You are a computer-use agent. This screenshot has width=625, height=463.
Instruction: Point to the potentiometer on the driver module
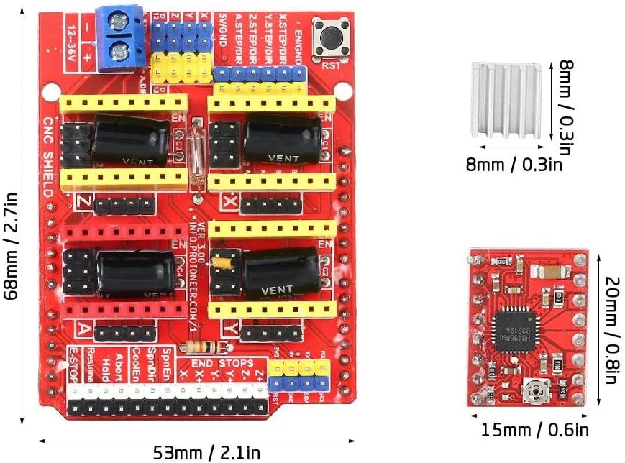536,390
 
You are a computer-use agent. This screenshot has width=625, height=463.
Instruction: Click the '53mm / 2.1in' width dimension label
206,452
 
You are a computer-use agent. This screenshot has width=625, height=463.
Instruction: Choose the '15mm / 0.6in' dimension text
534,430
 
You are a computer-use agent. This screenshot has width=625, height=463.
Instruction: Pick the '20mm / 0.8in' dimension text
611,330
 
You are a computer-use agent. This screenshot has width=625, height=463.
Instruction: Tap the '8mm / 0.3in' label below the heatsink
514,165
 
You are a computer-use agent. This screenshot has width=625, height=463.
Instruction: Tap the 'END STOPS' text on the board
223,364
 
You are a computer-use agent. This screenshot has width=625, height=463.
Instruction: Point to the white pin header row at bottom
166,392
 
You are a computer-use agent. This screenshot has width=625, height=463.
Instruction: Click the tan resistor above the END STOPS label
195,347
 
